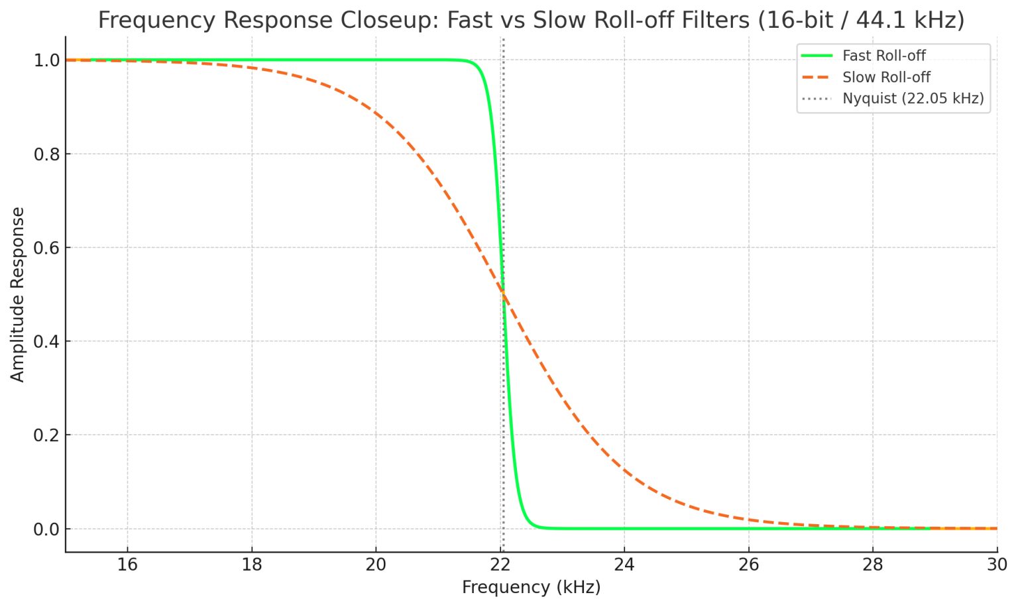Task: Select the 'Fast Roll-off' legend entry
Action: (883, 56)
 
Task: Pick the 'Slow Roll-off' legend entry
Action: (886, 78)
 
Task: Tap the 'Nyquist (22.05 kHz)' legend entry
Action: (913, 99)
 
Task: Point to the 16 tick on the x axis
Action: (127, 565)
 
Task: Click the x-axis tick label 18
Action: (252, 565)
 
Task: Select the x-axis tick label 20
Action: (376, 565)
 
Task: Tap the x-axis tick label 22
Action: (500, 565)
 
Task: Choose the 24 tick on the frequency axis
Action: (624, 565)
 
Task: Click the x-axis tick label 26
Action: (749, 565)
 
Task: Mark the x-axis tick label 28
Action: (873, 565)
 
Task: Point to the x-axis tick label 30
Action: (996, 565)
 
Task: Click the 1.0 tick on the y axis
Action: (46, 60)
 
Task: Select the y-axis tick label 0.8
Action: (46, 154)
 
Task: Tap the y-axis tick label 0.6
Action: (46, 248)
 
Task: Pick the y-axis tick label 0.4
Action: (46, 342)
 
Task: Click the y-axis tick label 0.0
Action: (46, 529)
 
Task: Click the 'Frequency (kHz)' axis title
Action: (531, 587)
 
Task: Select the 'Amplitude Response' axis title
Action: (17, 294)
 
